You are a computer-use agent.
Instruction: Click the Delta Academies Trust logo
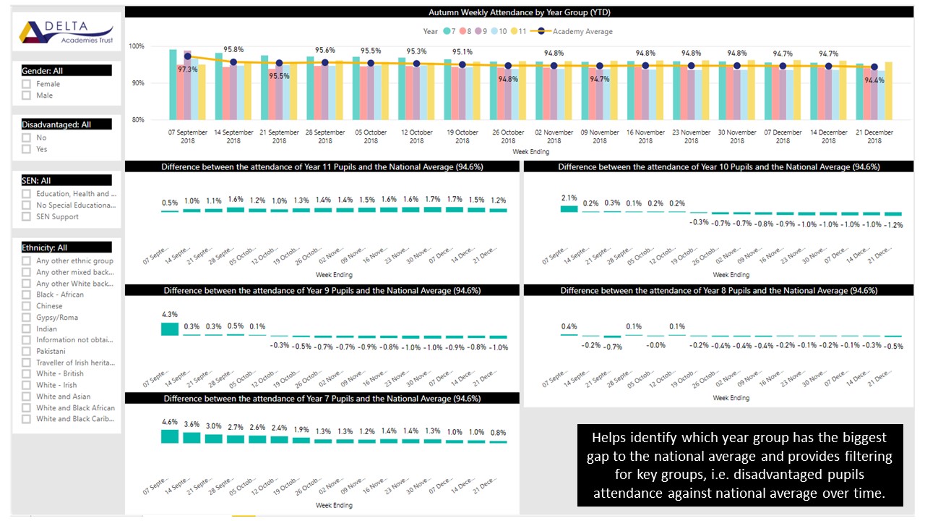tap(66, 31)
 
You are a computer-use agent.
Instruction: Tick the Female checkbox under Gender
tap(27, 84)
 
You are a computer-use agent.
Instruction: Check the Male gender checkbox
tap(27, 96)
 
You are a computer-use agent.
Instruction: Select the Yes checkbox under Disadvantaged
tap(27, 149)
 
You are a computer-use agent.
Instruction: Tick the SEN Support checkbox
tap(27, 216)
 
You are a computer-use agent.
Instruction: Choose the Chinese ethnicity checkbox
tap(27, 306)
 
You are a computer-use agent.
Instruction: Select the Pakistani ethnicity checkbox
tap(27, 351)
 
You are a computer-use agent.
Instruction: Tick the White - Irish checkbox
tap(27, 385)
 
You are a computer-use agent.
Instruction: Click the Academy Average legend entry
tap(576, 32)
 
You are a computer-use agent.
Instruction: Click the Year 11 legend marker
tap(515, 32)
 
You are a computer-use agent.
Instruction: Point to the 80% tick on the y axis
tap(136, 120)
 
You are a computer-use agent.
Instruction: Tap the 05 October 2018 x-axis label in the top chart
tap(371, 137)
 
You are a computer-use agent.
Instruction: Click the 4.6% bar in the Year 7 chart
tap(169, 436)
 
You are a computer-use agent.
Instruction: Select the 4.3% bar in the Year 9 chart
tap(169, 329)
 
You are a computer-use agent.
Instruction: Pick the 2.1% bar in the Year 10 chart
tap(569, 208)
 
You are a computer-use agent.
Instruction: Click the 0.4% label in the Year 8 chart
tap(569, 326)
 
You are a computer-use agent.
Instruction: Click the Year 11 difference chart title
tap(322, 167)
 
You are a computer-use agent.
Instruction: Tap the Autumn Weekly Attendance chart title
tap(520, 12)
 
